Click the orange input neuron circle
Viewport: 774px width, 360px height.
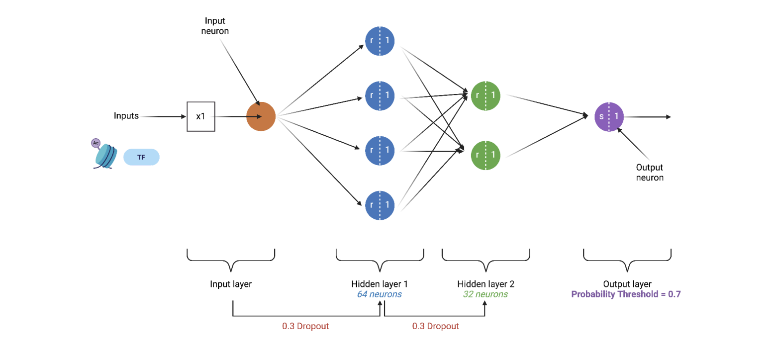[261, 117]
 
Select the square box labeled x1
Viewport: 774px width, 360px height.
[201, 117]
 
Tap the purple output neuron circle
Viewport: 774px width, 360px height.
[609, 117]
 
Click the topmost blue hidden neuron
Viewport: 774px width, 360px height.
[380, 40]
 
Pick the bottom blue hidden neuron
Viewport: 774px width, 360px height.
[380, 204]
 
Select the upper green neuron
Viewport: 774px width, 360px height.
[485, 95]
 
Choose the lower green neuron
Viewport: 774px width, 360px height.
[485, 155]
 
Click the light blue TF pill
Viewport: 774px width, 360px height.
[141, 157]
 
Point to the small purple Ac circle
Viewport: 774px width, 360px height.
[96, 143]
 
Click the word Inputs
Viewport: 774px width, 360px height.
[126, 116]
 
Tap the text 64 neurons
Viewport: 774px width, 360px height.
[379, 294]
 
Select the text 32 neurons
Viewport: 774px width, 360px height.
[485, 294]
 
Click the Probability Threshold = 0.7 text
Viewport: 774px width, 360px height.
[626, 294]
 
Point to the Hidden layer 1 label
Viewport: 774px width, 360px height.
[379, 284]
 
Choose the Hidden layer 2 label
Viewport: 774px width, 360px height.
[485, 284]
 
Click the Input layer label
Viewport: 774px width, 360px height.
[231, 284]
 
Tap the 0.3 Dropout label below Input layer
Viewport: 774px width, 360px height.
[305, 326]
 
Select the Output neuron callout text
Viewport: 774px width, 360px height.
[650, 173]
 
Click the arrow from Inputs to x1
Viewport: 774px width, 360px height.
[162, 117]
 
